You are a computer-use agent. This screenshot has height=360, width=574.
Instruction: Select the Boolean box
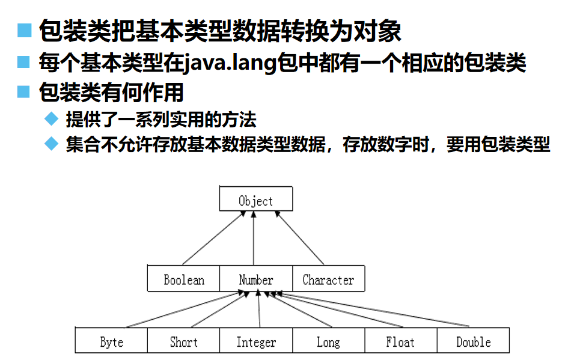click(184, 279)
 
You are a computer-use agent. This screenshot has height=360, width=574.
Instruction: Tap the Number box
click(256, 279)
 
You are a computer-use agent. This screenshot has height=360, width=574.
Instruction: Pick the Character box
click(328, 279)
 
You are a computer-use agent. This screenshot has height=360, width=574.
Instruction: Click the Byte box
click(111, 342)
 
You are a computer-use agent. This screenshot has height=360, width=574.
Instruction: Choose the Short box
click(183, 342)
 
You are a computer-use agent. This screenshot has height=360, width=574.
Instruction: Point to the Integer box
click(256, 342)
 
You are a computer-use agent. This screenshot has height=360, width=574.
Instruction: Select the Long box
click(328, 342)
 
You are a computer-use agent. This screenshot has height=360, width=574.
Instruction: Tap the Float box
click(400, 342)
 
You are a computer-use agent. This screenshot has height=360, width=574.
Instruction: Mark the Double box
click(474, 342)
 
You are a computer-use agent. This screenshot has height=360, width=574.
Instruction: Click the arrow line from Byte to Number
click(186, 310)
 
